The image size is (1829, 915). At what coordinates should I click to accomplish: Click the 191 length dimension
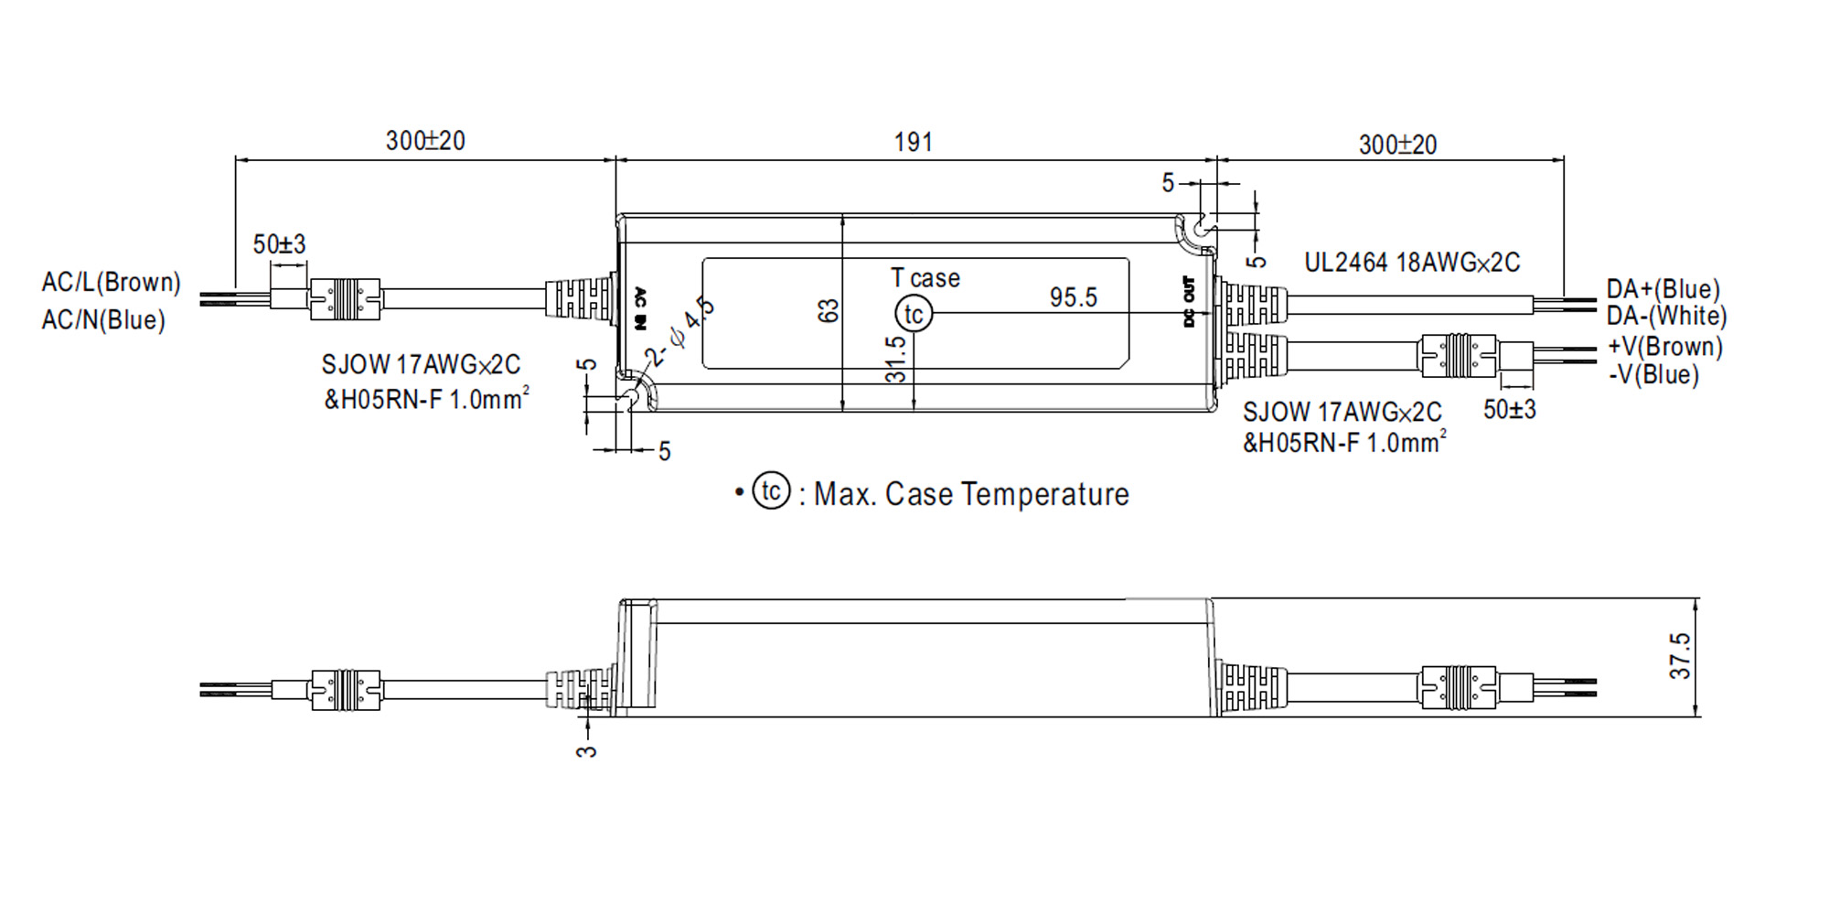tap(913, 142)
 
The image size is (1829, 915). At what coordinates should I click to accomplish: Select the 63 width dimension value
tap(829, 311)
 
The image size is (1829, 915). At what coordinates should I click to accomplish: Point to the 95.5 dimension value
tap(1073, 297)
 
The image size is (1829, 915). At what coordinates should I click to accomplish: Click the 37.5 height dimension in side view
tap(1680, 655)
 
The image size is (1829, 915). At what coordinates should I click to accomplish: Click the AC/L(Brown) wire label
tap(111, 282)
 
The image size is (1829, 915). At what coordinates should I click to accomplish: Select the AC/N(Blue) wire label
tap(103, 320)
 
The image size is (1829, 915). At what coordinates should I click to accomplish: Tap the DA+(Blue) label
tap(1663, 289)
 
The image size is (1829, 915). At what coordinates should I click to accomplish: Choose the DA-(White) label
tap(1667, 317)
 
